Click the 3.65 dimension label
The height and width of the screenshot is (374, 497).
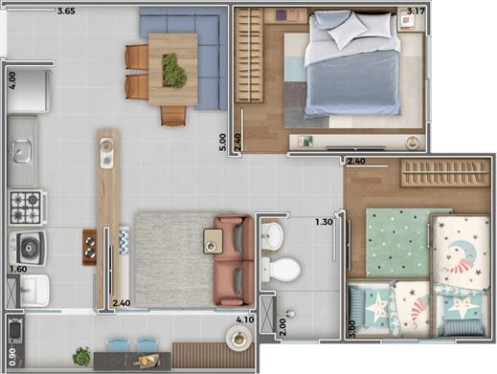(66, 11)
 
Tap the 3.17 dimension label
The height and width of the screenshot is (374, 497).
(416, 11)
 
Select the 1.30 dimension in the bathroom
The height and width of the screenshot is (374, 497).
(324, 223)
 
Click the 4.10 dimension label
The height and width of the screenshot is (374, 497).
(245, 319)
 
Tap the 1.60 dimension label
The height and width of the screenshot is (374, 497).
(16, 270)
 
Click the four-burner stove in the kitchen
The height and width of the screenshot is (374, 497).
(26, 206)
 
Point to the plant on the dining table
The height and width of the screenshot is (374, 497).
(173, 69)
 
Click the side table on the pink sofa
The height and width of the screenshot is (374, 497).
(213, 244)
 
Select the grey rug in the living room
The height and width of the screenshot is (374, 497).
(172, 259)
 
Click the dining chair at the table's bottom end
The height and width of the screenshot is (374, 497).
(173, 116)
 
